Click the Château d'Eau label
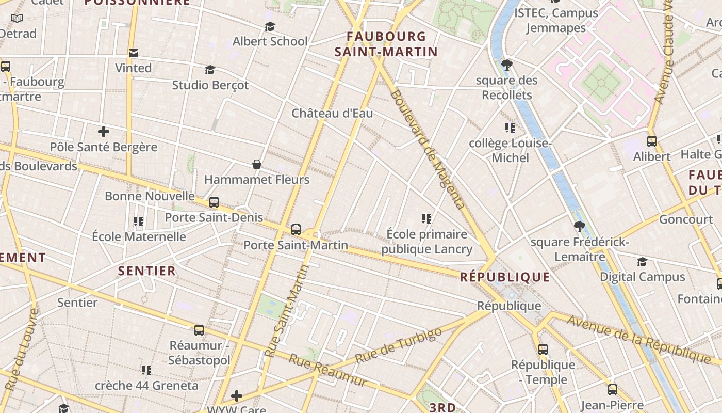332,113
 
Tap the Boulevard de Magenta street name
428,149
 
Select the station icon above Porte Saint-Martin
296,230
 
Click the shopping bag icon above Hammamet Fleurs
257,165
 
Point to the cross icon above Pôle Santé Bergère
104,132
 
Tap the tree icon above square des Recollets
507,65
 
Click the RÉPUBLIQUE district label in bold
505,277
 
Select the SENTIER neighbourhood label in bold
147,271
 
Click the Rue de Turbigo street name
399,345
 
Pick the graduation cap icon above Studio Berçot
210,70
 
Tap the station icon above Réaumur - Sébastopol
199,330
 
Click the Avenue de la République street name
639,339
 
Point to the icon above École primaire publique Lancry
426,219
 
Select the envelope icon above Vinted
134,53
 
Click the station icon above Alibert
652,141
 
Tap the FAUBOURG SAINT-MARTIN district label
386,44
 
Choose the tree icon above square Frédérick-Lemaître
580,227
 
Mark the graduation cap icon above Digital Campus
642,262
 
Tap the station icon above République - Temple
543,350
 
